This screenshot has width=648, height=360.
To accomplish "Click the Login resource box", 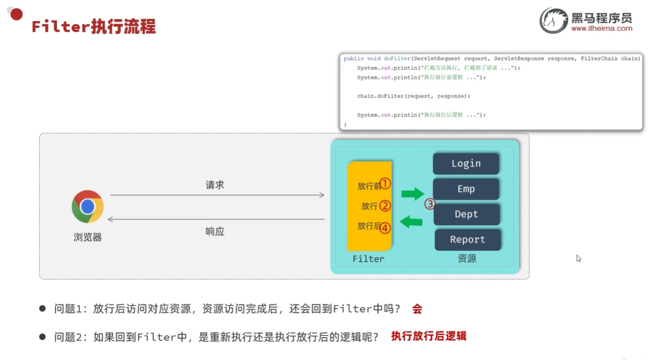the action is [x=466, y=163].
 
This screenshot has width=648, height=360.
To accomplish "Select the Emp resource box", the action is [x=466, y=189].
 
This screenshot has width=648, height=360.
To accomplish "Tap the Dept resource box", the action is [x=466, y=214].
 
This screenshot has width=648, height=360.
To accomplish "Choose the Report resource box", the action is [x=467, y=240].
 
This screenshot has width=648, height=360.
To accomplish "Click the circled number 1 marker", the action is [x=385, y=183].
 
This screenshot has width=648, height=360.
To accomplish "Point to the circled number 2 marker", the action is [x=385, y=206].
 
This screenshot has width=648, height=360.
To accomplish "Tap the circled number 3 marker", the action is [x=430, y=204].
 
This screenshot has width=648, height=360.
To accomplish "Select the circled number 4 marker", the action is [x=385, y=228].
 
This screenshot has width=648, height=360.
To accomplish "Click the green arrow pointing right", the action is [x=413, y=194].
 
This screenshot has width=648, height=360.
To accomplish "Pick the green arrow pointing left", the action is [x=411, y=222].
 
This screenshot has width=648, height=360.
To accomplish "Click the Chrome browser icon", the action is [x=87, y=207].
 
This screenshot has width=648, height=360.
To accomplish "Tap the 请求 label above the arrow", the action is [x=215, y=185].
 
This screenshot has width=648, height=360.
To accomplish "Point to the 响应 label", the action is [x=215, y=231].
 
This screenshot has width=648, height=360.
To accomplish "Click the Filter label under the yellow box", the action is [x=368, y=259].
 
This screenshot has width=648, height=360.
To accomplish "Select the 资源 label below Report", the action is [x=467, y=258].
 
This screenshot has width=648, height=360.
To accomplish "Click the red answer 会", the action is [x=417, y=309].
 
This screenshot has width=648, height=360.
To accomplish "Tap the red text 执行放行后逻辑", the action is [x=429, y=336].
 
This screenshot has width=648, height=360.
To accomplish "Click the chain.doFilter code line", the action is [x=414, y=96].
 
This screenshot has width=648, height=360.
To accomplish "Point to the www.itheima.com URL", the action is [x=602, y=29].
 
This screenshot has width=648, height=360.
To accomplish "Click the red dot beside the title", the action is [x=17, y=14].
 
